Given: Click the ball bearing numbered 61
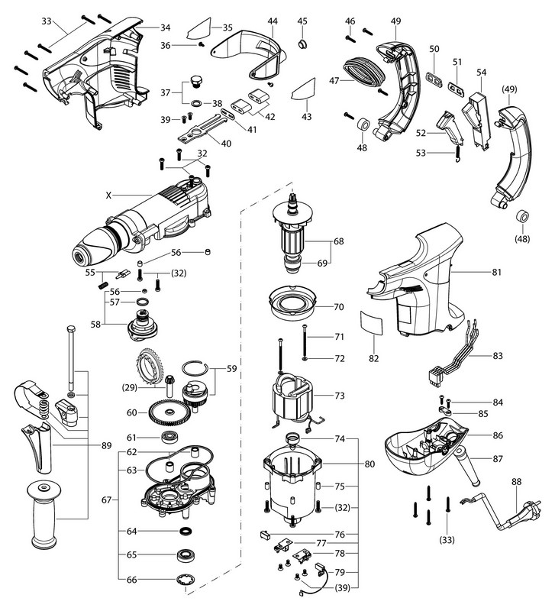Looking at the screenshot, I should (169, 438).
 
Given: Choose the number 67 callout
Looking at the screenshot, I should (106, 500).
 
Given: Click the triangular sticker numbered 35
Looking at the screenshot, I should (202, 31).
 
